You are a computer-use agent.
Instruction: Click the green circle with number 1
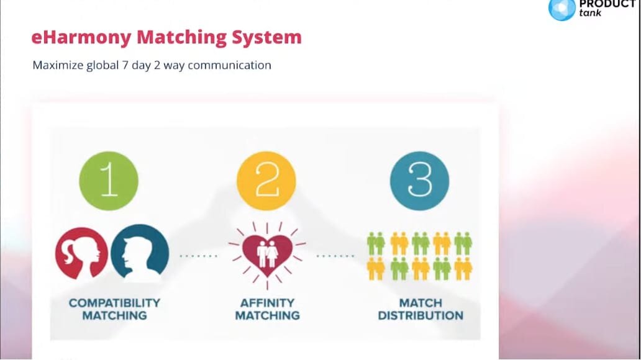[109, 181]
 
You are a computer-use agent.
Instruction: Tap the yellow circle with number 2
[266, 181]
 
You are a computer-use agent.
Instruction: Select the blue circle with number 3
[419, 181]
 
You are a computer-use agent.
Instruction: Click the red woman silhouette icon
[80, 253]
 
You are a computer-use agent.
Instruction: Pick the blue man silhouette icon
[140, 253]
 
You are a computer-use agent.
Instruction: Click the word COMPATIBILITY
[114, 303]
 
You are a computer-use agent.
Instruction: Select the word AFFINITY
[267, 303]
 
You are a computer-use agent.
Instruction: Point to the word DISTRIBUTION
[421, 315]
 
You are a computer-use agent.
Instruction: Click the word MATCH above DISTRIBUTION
[421, 303]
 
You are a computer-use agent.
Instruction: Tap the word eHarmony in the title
[81, 38]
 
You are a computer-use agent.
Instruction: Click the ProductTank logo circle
[561, 9]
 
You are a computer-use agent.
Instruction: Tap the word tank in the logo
[590, 13]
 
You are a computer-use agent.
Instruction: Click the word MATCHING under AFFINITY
[267, 315]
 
